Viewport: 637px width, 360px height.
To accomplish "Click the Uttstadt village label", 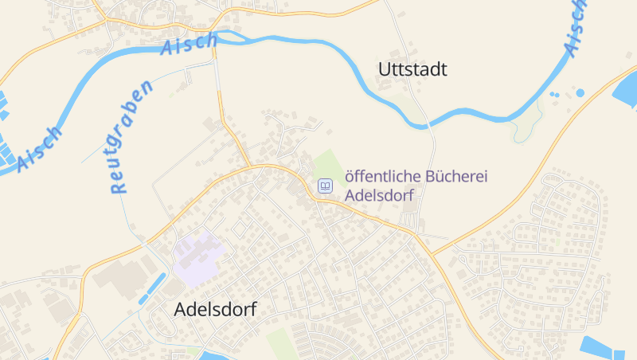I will pos(412,69).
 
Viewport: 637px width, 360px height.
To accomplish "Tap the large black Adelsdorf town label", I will pos(215,310).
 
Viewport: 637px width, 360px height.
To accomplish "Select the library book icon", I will pos(325,186).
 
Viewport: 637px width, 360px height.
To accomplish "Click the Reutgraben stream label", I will pos(131,138).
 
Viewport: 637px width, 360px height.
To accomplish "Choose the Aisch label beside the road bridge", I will pos(189,45).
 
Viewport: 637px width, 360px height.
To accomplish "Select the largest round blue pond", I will pos(580,93).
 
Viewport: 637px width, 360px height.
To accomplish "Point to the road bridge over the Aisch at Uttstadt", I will pos(428,124).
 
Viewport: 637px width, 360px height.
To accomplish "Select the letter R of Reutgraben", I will pos(119,187).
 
